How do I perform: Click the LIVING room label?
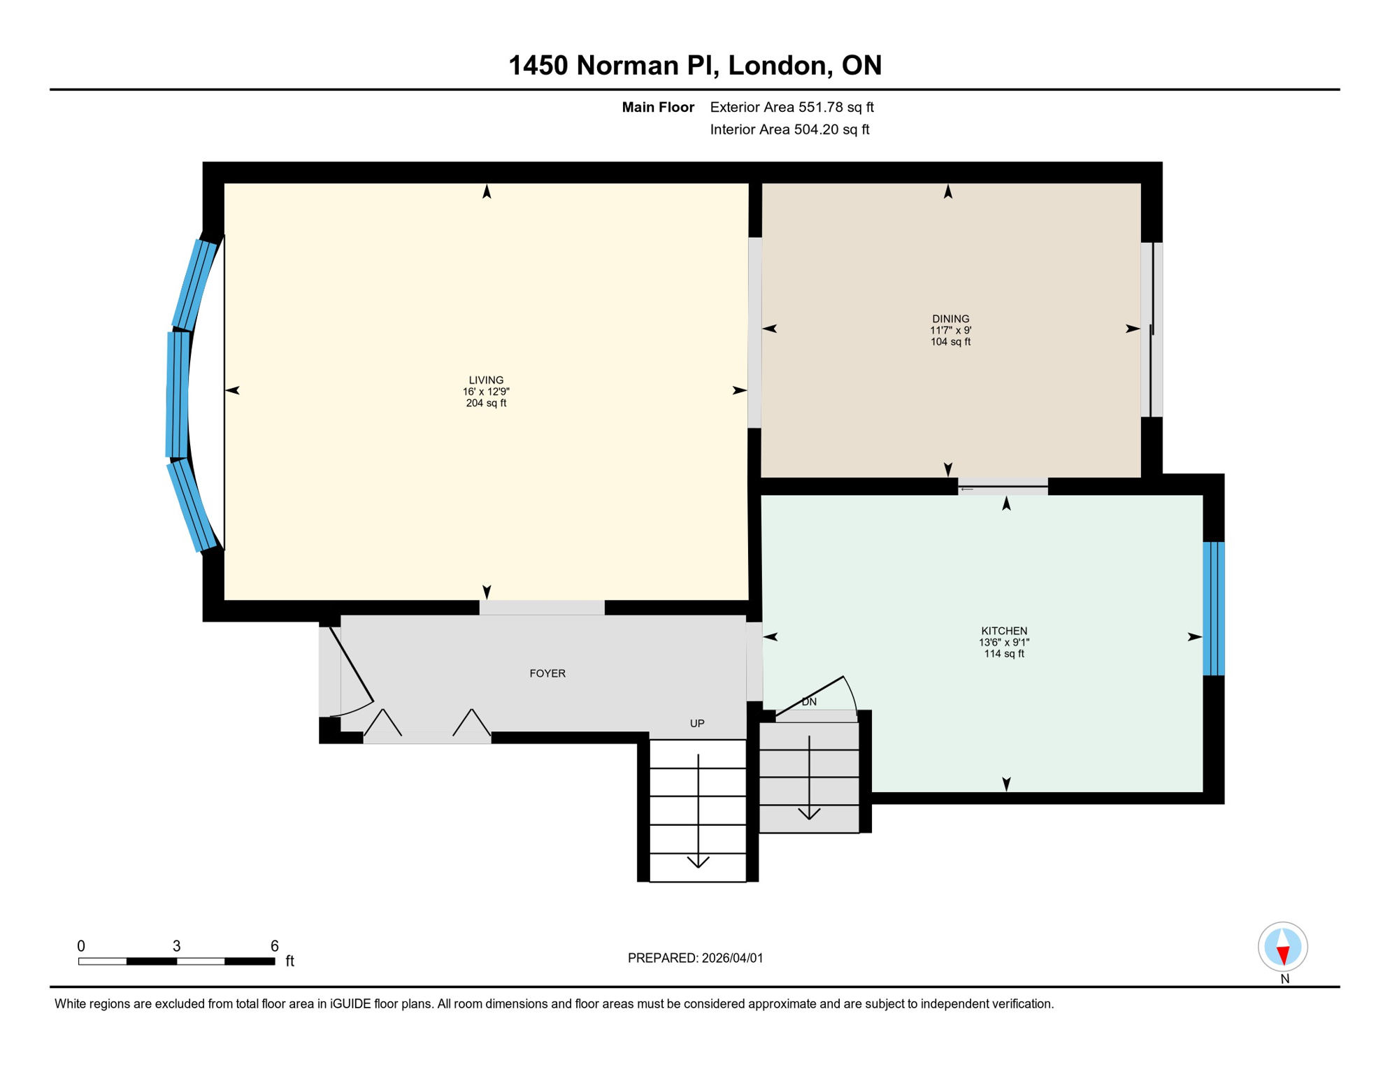[x=486, y=380]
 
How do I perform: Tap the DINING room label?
[x=950, y=319]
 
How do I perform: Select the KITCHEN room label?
[x=1004, y=631]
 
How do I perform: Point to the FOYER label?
[x=547, y=673]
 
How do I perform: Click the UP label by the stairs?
[x=697, y=724]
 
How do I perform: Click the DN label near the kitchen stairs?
[x=809, y=702]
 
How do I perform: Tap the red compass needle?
[x=1283, y=955]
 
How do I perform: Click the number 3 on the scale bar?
[x=177, y=946]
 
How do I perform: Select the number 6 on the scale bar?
[x=275, y=946]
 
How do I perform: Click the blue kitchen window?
[x=1214, y=608]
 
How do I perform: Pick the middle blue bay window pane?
[x=178, y=395]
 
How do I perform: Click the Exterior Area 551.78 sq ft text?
[x=791, y=107]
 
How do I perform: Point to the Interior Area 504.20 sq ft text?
[x=789, y=129]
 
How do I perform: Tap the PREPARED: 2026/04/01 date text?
[x=695, y=958]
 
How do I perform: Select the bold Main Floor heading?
[x=658, y=107]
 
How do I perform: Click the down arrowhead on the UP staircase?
[x=698, y=862]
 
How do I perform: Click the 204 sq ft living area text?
[x=486, y=403]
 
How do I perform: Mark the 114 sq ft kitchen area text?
[x=1004, y=654]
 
